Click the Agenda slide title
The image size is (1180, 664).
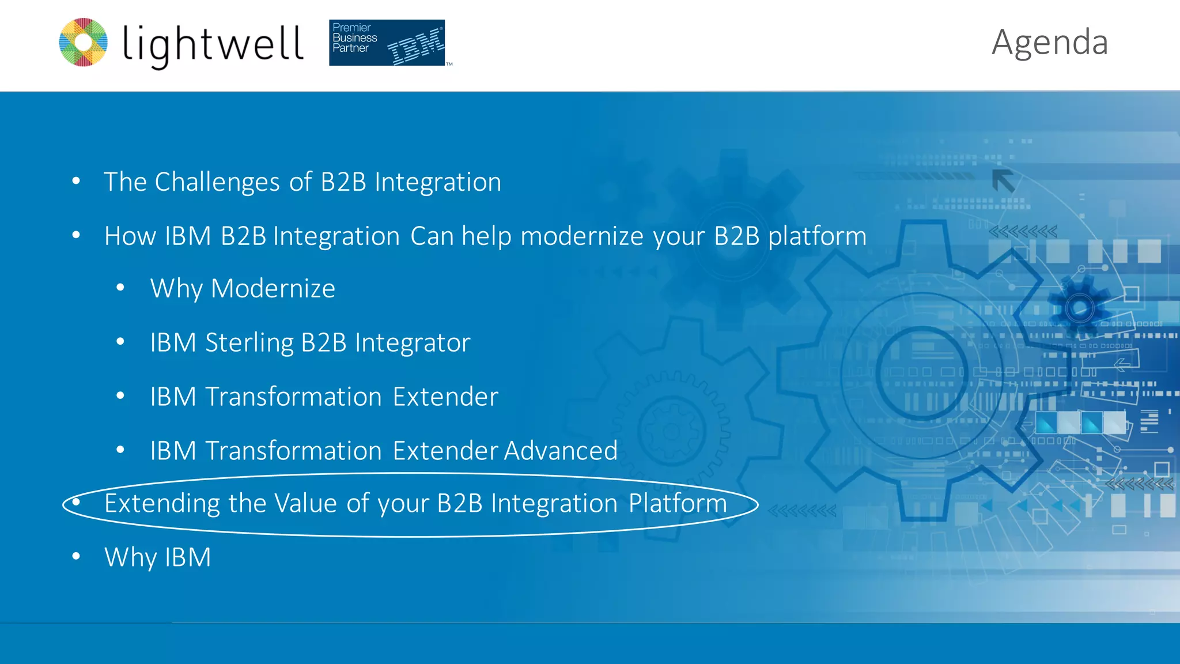point(1049,43)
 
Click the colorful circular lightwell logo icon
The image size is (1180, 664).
point(84,42)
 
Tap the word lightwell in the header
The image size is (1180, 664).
point(213,44)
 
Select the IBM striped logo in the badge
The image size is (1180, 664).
point(416,48)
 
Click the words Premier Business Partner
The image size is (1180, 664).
point(354,38)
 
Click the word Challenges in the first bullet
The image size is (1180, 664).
point(217,182)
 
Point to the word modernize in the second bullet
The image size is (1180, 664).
point(581,236)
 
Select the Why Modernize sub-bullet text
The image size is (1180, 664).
point(243,288)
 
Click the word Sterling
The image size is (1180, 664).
point(249,343)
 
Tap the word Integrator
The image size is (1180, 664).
point(413,343)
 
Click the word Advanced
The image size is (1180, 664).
point(561,451)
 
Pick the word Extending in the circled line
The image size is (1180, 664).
point(162,503)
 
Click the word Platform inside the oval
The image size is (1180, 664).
point(678,503)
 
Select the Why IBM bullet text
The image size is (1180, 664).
point(157,557)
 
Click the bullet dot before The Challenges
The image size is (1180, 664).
point(76,182)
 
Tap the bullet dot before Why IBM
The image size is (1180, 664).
point(76,557)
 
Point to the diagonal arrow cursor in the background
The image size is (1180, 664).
point(1003,181)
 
